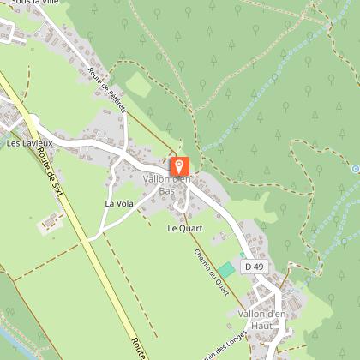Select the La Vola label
(119, 204)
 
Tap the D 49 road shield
(252, 267)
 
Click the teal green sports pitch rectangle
(225, 269)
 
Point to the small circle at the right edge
(355, 169)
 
